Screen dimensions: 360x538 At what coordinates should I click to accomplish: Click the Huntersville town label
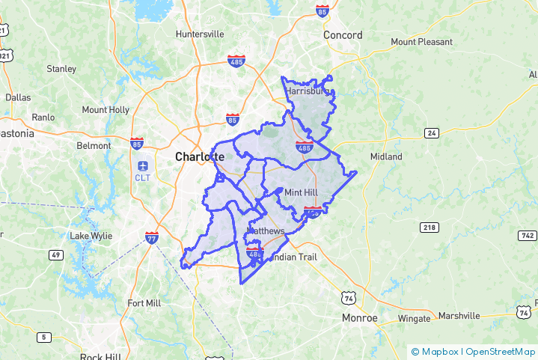(x=199, y=34)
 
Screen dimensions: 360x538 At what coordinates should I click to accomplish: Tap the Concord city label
(x=343, y=35)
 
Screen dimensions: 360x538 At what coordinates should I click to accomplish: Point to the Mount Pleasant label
(x=421, y=42)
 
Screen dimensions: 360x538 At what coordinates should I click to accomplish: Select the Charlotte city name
(x=199, y=157)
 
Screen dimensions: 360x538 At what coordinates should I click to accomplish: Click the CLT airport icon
(x=142, y=165)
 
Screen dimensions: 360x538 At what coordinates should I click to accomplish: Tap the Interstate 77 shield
(x=152, y=238)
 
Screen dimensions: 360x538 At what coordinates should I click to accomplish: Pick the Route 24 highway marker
(x=431, y=133)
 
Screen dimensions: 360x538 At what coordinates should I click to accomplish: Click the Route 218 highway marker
(x=429, y=227)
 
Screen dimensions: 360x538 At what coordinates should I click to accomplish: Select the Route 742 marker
(x=527, y=236)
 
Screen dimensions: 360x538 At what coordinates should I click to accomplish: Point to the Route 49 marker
(x=55, y=255)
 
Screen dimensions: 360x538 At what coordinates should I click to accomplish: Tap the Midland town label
(x=386, y=156)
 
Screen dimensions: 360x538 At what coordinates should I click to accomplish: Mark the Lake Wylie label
(x=91, y=236)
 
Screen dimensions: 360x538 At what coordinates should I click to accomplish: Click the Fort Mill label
(x=144, y=303)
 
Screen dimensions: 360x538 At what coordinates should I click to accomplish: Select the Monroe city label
(x=359, y=318)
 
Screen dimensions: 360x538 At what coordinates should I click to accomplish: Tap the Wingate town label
(x=414, y=318)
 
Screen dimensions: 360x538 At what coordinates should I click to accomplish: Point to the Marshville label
(x=459, y=316)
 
